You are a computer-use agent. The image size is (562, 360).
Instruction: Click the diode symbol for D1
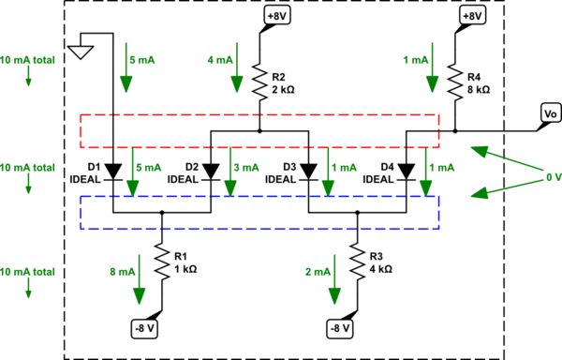113,172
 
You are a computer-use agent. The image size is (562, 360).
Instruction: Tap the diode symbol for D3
308,172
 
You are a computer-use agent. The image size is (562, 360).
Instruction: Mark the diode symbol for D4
406,172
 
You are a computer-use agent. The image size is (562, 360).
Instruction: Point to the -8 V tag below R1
146,328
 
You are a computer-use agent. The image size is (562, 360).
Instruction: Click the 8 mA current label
124,272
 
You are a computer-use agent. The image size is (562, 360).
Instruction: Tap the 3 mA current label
245,167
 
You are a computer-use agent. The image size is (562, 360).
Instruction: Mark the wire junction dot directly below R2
259,131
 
